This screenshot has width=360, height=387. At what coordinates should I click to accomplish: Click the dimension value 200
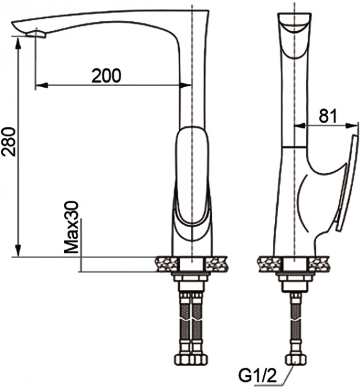(106, 75)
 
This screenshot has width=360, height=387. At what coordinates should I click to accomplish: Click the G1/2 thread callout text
(257, 374)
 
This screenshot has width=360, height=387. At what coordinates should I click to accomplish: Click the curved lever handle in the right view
(347, 181)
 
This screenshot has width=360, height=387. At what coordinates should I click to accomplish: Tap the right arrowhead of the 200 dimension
(188, 84)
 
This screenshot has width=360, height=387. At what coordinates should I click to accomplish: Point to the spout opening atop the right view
(295, 25)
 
